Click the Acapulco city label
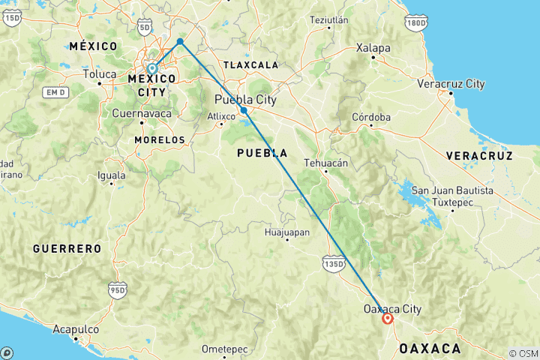point(75,328)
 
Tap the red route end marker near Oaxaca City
point(388,319)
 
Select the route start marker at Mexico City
point(152,69)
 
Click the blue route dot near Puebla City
point(244,110)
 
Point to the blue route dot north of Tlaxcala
point(180,41)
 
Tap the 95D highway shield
point(118,290)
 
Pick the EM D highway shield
point(55,92)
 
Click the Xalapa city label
point(373,48)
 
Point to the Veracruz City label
point(451,83)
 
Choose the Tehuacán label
point(325,162)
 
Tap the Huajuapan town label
point(286,232)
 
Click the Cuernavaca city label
point(141,114)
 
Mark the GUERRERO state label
point(67,248)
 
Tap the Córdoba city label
point(372,117)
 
